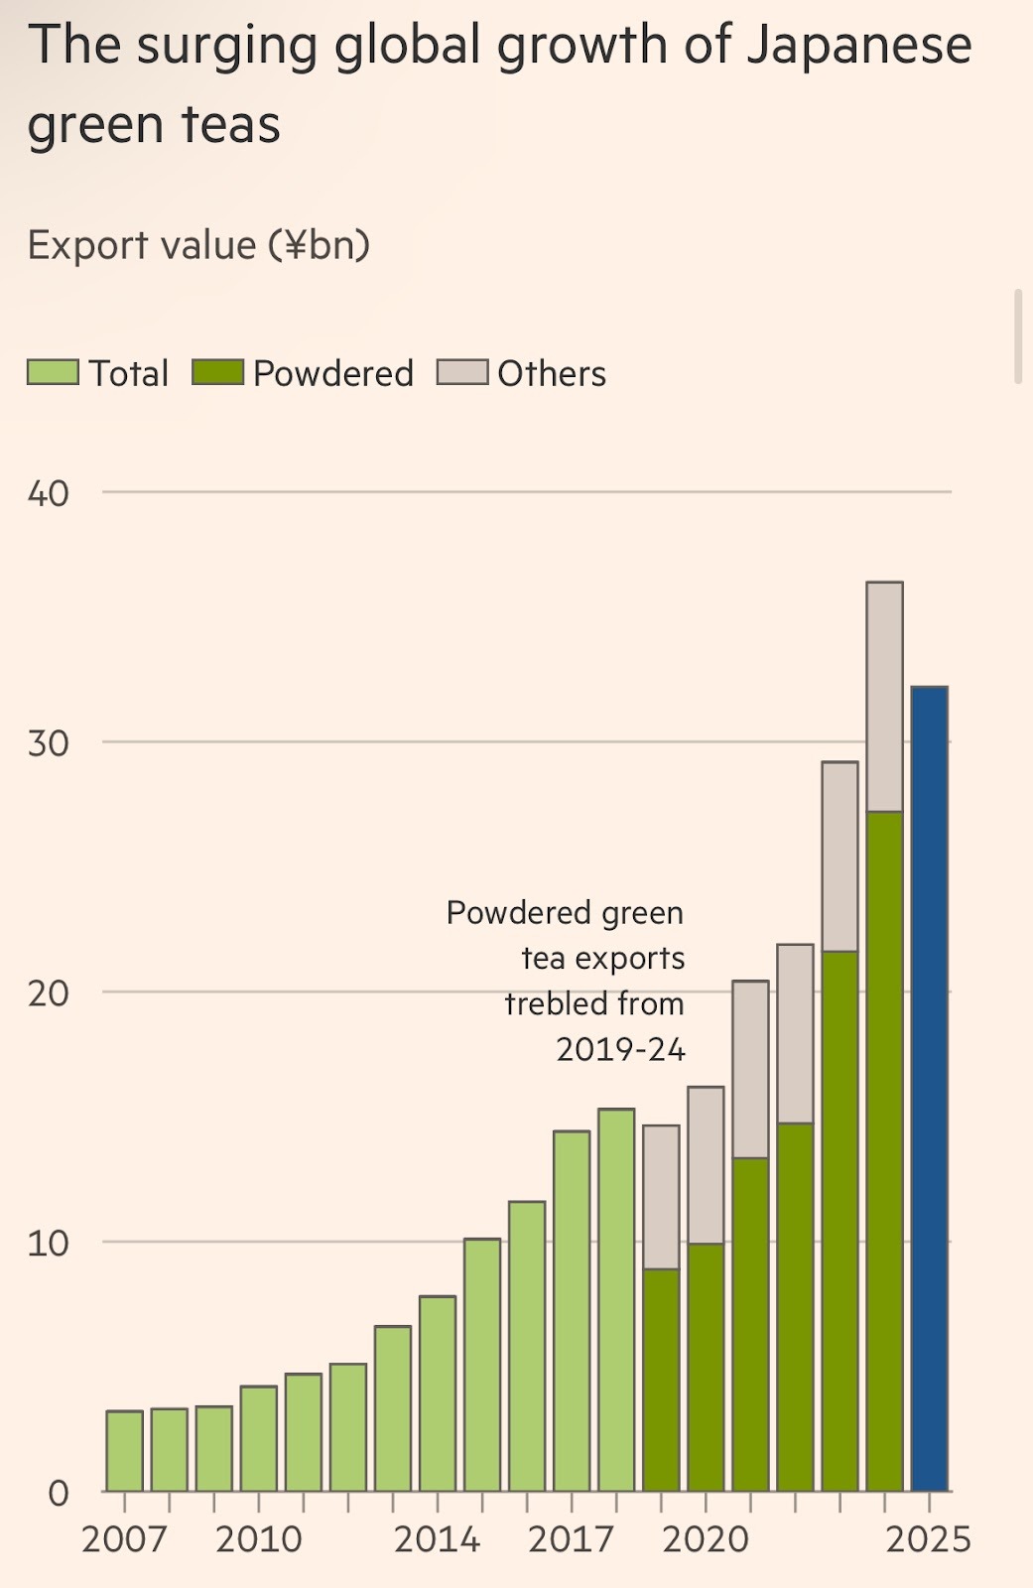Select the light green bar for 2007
(124, 1450)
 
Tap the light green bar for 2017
(572, 1310)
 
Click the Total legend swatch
(53, 373)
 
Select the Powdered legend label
(333, 374)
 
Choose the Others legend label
(552, 374)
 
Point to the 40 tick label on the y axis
(48, 493)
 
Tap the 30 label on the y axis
(48, 743)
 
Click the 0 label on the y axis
(58, 1493)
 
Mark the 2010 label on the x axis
(258, 1539)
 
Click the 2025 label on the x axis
(928, 1539)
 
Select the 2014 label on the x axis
(437, 1539)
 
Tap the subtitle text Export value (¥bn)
(198, 245)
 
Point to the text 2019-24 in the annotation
(620, 1049)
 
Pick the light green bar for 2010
(258, 1438)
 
